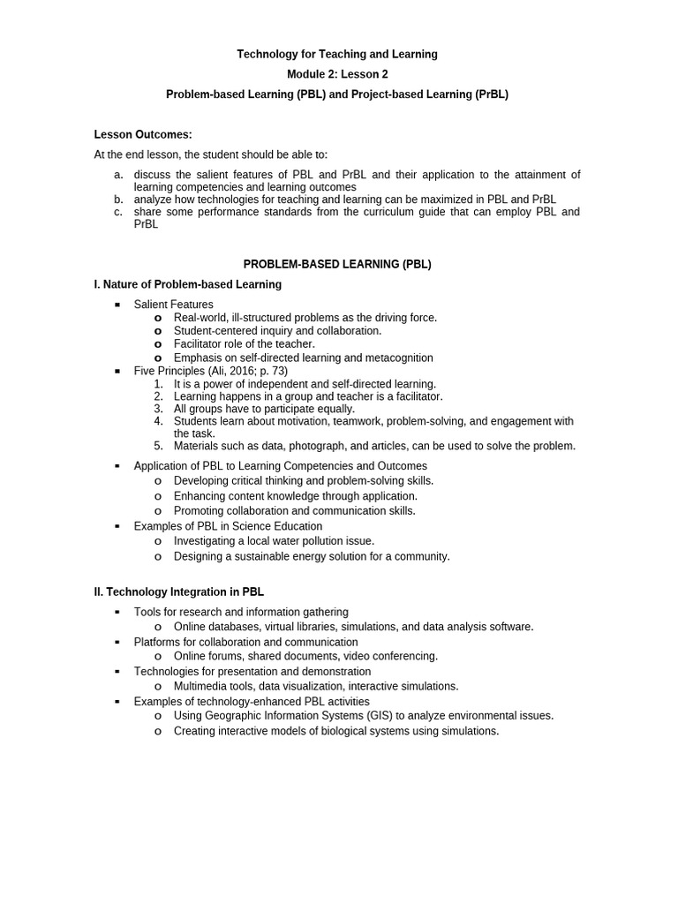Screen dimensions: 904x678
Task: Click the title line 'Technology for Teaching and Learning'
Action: tap(336, 55)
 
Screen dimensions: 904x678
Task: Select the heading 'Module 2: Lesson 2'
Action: tap(336, 74)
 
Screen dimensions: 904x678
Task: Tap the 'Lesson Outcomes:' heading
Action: tap(143, 134)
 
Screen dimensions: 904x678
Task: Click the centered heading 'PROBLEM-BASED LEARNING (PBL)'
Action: tap(337, 264)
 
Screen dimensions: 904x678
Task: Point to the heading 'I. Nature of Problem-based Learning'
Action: tap(188, 284)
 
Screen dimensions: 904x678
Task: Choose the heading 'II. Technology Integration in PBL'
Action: tap(179, 592)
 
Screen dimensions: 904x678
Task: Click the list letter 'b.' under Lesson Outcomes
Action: tap(118, 200)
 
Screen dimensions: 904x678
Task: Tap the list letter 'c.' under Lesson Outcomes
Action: tap(118, 212)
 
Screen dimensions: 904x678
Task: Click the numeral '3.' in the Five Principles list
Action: tap(158, 409)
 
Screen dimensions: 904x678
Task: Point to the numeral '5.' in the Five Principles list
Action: tap(158, 446)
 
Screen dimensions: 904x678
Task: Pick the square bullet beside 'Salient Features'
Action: tap(117, 305)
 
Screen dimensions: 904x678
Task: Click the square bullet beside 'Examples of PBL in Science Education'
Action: tap(117, 526)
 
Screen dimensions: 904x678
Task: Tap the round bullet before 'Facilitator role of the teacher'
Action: tap(157, 344)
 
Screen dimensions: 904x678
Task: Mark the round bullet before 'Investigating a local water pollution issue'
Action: tap(157, 541)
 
